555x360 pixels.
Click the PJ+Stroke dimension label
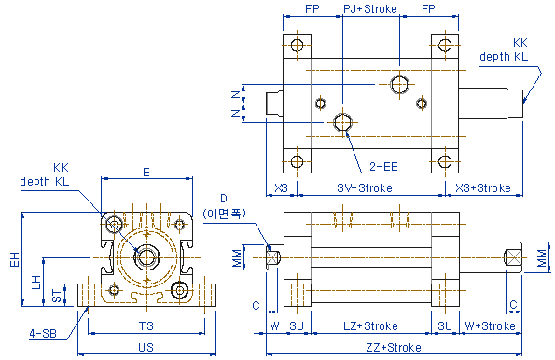point(370,8)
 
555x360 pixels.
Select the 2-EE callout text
point(383,166)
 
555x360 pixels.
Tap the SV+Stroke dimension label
point(365,187)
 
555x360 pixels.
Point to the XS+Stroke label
point(483,187)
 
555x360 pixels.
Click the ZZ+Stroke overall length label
point(394,347)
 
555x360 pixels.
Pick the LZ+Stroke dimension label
point(370,325)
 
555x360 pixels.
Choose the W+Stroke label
point(491,325)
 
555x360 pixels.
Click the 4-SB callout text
point(43,333)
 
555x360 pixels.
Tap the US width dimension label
point(146,347)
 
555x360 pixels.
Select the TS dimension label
point(146,325)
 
